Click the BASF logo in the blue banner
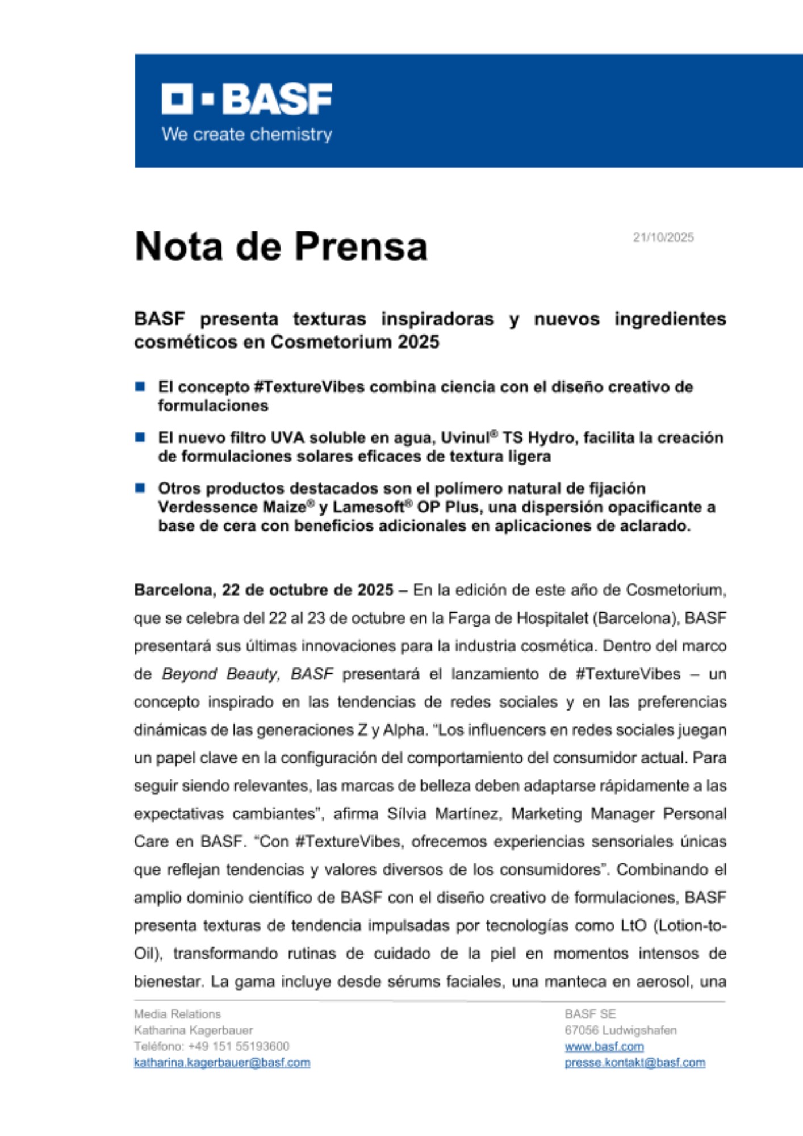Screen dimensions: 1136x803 point(246,99)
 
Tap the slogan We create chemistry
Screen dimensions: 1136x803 point(246,135)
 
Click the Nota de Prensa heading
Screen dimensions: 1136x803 point(281,247)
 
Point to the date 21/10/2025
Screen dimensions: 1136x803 point(663,237)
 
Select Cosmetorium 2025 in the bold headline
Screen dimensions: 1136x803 point(355,342)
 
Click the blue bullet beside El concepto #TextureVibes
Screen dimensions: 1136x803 point(140,387)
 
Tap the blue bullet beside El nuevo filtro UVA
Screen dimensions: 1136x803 point(140,437)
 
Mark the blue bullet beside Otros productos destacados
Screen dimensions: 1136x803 point(140,488)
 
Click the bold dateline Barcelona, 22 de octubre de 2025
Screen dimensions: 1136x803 point(264,590)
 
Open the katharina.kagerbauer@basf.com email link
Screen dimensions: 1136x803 point(222,1063)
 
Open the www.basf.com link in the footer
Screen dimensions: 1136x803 point(604,1047)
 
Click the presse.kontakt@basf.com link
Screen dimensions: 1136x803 point(634,1063)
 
